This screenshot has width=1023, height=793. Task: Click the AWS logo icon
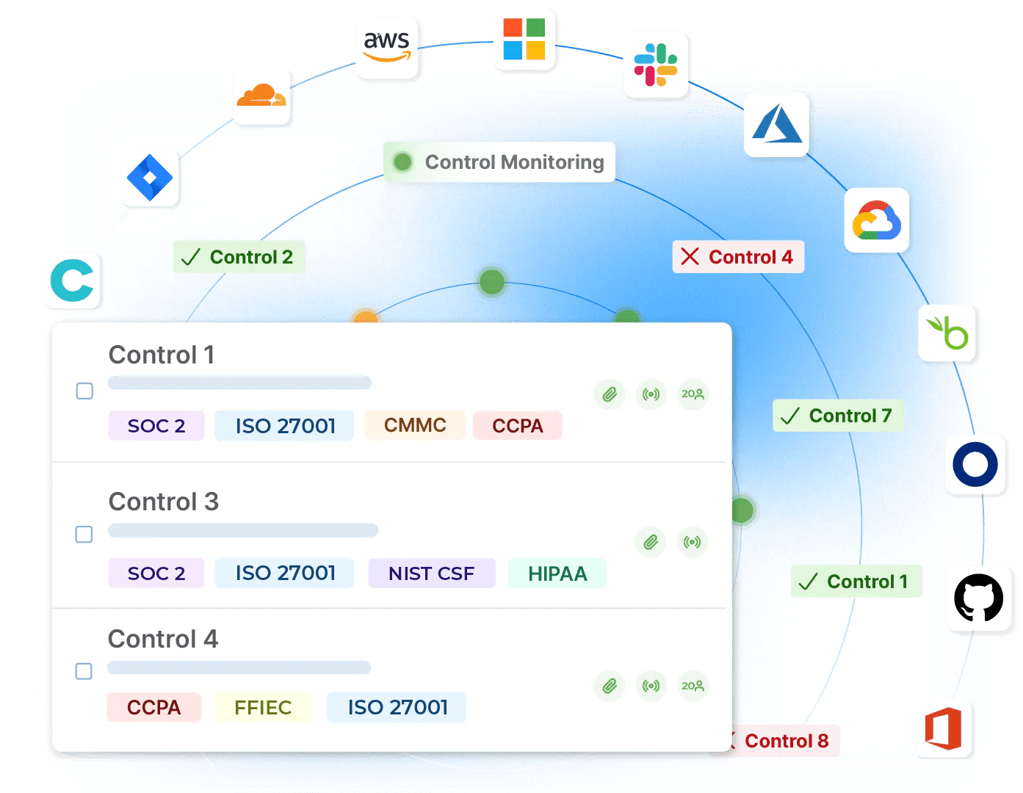pos(387,47)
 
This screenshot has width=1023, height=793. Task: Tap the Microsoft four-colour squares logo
pos(524,39)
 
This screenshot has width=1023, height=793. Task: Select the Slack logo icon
pos(656,65)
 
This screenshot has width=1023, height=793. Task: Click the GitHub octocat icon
pos(978,598)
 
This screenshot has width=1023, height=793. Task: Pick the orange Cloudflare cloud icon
pos(261,96)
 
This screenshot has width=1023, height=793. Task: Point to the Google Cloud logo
pos(877,220)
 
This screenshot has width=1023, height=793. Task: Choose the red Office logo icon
pos(944,729)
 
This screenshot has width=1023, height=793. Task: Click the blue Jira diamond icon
pos(150,178)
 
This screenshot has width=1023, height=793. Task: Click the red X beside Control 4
pos(690,256)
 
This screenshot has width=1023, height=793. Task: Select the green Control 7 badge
pos(838,416)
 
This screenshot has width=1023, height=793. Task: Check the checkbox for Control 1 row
pos(84,391)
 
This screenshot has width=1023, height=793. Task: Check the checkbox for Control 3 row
pos(84,534)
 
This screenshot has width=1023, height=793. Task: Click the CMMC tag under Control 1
pos(415,425)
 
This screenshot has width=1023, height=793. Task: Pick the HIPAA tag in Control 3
pos(557,573)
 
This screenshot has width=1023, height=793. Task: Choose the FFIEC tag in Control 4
pos(263,707)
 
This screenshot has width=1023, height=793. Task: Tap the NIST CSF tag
pos(431,573)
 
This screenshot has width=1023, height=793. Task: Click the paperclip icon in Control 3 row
pos(651,543)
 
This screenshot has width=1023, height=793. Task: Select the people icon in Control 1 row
pos(693,394)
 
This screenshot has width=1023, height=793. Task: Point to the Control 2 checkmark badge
pos(239,257)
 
